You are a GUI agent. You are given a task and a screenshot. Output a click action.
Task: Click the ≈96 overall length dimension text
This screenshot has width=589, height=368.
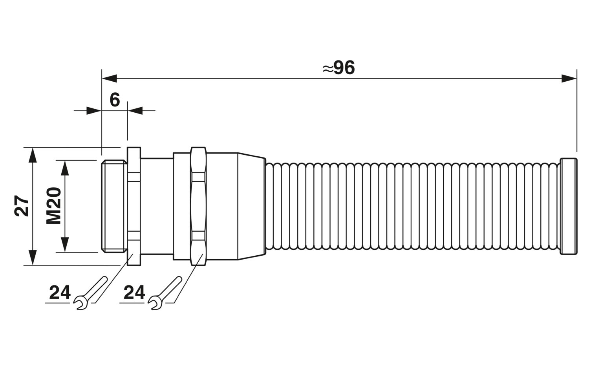click(338, 68)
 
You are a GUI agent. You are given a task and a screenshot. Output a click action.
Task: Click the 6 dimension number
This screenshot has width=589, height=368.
click(115, 100)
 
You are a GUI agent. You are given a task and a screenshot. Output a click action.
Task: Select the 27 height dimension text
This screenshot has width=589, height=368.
click(22, 206)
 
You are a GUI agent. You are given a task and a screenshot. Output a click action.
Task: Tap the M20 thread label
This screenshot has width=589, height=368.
click(54, 206)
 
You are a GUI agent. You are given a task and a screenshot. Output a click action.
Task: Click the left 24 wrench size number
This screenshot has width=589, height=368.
click(60, 293)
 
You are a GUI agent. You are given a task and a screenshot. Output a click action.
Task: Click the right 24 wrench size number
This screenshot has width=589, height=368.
click(134, 293)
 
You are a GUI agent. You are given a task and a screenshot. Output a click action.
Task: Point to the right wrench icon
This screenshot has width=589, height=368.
click(165, 293)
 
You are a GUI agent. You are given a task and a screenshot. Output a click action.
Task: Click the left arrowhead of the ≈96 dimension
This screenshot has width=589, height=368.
click(109, 79)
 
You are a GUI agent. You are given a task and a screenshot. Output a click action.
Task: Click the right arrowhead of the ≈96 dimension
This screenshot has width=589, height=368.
click(569, 79)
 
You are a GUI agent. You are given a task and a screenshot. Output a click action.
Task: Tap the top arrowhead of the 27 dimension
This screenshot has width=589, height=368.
click(32, 155)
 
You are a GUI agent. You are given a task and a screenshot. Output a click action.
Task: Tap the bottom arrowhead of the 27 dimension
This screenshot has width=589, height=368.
click(32, 258)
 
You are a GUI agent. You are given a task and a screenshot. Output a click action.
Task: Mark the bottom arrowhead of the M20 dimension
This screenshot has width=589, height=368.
click(65, 245)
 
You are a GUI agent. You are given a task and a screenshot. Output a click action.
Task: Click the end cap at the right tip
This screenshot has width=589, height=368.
click(569, 206)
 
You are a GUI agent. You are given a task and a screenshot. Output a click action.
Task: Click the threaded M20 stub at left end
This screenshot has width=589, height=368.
click(113, 206)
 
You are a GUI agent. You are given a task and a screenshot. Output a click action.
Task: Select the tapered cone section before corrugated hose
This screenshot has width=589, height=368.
click(251, 206)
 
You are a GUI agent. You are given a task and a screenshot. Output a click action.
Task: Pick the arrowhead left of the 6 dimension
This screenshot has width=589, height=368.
click(94, 111)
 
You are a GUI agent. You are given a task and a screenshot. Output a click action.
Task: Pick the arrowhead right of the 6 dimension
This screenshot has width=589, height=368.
click(135, 111)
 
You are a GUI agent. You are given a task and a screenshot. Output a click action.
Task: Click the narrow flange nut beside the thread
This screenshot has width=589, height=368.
click(134, 206)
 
